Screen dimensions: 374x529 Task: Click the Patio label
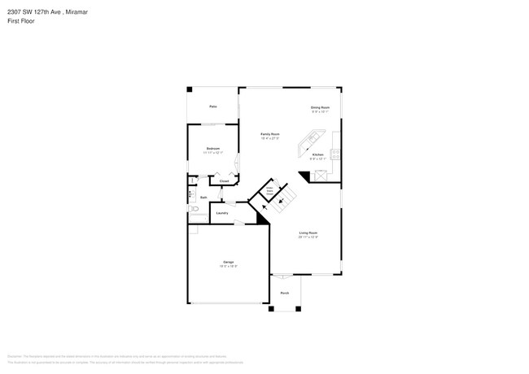coord(212,107)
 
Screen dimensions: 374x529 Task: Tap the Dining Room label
coord(320,107)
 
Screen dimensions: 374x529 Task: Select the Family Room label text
coord(269,133)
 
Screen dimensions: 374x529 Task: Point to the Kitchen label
coord(317,154)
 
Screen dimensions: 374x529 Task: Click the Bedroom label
coord(212,149)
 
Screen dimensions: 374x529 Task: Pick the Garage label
coord(229,262)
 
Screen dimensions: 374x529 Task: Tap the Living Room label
coord(308,233)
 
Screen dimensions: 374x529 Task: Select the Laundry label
coord(221,213)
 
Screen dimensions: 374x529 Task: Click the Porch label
coord(285,293)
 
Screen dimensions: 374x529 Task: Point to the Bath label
coord(203,197)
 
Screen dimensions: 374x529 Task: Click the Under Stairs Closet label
coord(265,194)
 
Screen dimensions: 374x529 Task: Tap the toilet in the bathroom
coord(192,209)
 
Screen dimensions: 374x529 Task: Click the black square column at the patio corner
coord(190,89)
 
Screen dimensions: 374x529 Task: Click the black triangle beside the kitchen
coord(304,176)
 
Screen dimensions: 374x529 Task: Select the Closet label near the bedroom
coord(224,180)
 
